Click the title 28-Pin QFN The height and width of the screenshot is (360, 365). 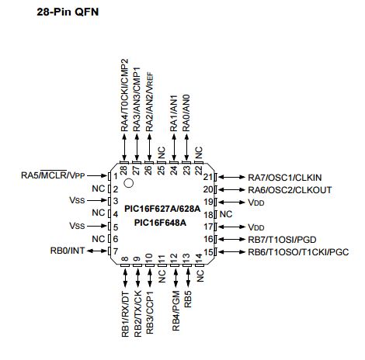pyautogui.click(x=68, y=12)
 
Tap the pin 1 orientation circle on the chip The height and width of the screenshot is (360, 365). pyautogui.click(x=129, y=183)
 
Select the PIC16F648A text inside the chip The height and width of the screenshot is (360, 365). pyautogui.click(x=160, y=223)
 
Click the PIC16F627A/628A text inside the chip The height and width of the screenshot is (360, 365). pyautogui.click(x=162, y=209)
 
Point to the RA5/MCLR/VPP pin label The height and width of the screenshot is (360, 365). pyautogui.click(x=53, y=175)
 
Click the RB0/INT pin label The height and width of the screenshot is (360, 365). pyautogui.click(x=68, y=251)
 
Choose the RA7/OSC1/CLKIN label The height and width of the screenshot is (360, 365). pyautogui.click(x=285, y=178)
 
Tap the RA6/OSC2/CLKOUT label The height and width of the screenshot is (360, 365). pyautogui.click(x=290, y=190)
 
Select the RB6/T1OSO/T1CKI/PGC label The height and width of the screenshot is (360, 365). pyautogui.click(x=298, y=252)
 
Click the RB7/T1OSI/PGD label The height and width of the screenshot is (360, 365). pyautogui.click(x=282, y=240)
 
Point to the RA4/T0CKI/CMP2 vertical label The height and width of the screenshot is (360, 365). pyautogui.click(x=124, y=95)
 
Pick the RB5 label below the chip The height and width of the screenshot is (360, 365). pyautogui.click(x=188, y=299)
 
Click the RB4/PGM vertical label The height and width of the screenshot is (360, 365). pyautogui.click(x=176, y=310)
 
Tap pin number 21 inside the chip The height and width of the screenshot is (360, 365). pyautogui.click(x=208, y=177)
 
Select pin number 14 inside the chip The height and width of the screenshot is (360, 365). pyautogui.click(x=199, y=258)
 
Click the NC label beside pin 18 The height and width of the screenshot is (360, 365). pyautogui.click(x=226, y=214)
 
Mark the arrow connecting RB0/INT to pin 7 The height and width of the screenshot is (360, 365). pyautogui.click(x=97, y=251)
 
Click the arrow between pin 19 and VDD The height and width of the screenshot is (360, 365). pyautogui.click(x=231, y=202)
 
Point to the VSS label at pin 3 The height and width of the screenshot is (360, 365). pyautogui.click(x=77, y=200)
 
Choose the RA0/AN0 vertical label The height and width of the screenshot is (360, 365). pyautogui.click(x=186, y=113)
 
